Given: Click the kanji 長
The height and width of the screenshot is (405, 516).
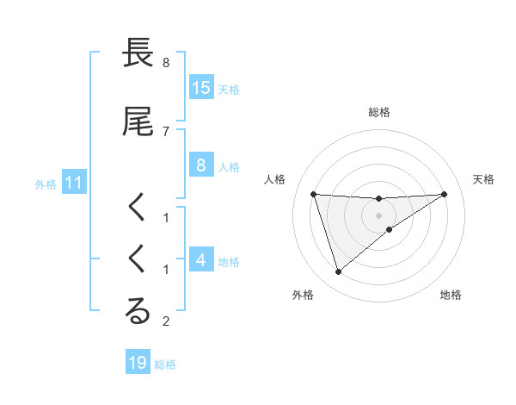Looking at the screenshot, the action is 138,54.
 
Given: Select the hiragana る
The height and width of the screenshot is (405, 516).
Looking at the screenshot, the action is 138,312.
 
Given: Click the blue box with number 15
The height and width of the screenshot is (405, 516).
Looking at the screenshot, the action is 201,87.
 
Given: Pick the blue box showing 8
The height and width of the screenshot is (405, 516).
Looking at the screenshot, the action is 201,165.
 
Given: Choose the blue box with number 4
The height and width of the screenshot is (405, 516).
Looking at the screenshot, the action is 201,260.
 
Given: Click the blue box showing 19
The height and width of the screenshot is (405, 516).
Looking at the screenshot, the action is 138,363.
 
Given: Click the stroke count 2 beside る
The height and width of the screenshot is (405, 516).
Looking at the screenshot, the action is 165,321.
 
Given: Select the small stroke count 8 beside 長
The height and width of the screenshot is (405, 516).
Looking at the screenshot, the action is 165,63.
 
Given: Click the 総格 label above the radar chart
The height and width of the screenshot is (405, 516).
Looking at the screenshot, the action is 379,113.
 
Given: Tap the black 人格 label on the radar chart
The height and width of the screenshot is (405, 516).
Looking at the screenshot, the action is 276,179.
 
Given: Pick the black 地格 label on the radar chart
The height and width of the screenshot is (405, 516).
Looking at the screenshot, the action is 451,296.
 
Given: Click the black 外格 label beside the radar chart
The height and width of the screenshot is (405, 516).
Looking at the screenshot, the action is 303,296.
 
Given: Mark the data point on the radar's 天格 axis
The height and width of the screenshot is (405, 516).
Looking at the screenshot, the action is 444,194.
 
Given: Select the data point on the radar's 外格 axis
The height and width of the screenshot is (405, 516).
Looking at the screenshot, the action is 338,272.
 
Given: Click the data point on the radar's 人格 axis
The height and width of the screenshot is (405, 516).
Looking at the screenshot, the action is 314,194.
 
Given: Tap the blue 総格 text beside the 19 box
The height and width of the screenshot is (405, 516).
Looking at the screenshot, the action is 165,364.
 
